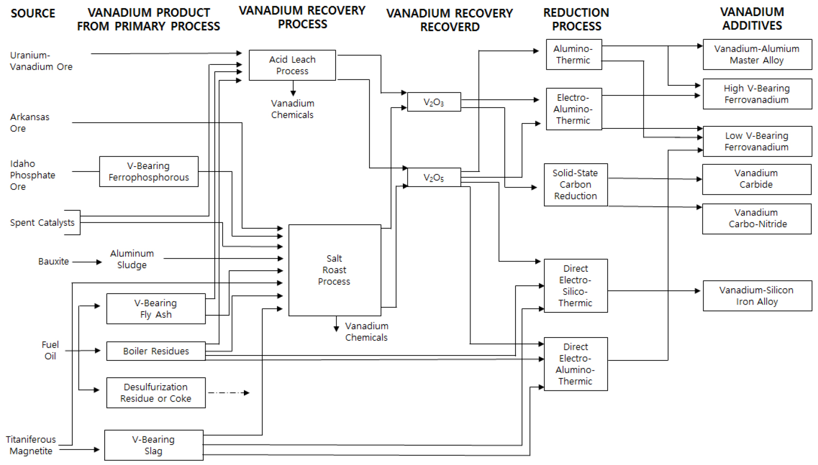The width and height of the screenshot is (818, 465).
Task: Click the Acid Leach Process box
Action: (292, 65)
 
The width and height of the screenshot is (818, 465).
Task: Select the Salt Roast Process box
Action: (335, 270)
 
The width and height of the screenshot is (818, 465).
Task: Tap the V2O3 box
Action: (433, 102)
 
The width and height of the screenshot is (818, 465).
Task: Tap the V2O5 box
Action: (433, 177)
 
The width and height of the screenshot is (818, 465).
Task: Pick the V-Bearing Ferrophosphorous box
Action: (148, 171)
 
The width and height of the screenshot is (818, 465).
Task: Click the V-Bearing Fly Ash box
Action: (156, 309)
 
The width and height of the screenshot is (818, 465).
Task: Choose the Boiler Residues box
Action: (156, 351)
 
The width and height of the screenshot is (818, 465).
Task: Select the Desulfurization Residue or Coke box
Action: (156, 393)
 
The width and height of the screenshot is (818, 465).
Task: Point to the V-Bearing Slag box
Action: (154, 445)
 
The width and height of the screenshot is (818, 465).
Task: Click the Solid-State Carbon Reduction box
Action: (576, 185)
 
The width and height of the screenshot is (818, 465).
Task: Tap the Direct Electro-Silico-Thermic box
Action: (576, 286)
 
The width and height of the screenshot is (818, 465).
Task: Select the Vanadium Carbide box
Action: (756, 179)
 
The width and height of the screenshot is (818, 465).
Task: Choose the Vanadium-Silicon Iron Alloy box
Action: (757, 296)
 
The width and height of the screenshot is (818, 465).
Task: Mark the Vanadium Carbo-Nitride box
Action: (756, 218)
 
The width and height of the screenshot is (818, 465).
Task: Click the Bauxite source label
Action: (53, 262)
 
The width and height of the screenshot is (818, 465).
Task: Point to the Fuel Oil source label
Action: (50, 350)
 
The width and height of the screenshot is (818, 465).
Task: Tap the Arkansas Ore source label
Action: (30, 123)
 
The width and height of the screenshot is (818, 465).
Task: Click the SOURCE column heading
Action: (33, 14)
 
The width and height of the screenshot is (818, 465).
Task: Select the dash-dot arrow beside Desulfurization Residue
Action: (228, 393)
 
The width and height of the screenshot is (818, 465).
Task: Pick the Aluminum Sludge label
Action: (132, 259)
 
